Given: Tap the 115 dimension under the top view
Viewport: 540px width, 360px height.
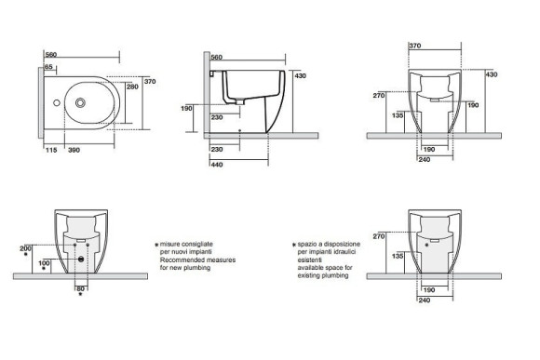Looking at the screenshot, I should tap(49, 150).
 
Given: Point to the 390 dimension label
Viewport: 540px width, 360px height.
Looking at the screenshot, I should tap(74, 150).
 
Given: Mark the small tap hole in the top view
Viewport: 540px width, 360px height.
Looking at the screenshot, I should tap(57, 103).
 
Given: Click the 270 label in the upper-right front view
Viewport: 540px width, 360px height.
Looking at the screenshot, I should tap(378, 95).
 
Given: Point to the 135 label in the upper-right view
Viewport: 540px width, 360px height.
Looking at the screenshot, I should tap(398, 115).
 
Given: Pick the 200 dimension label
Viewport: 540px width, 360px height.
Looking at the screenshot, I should tap(25, 247).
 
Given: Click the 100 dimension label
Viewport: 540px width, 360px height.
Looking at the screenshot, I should tap(44, 263).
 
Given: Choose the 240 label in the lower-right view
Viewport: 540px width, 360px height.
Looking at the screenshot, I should tap(424, 300).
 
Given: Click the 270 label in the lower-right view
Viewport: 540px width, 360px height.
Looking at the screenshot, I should tap(378, 237).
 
